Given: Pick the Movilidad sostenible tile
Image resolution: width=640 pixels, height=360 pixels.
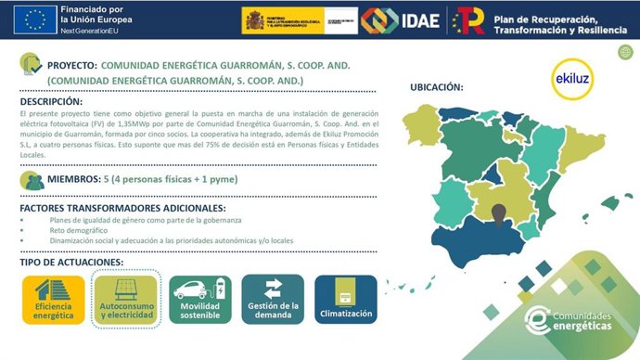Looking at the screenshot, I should [x=199, y=299].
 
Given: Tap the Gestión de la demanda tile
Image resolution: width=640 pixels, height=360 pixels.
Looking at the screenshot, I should [x=274, y=299].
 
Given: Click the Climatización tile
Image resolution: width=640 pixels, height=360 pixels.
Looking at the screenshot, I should [x=345, y=299].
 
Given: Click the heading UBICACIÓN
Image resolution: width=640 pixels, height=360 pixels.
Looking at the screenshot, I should [x=436, y=88].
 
